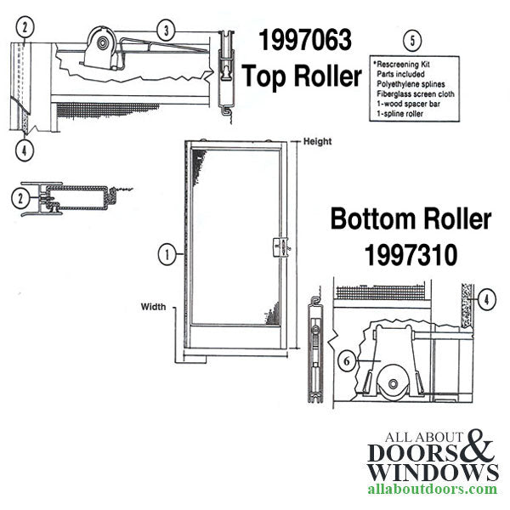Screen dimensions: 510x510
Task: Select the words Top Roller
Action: (x=303, y=76)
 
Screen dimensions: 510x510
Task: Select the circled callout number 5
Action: (x=412, y=40)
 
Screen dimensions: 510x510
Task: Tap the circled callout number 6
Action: (x=345, y=360)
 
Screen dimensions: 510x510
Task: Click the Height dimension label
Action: (x=317, y=142)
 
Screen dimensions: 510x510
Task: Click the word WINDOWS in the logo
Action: (x=433, y=470)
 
